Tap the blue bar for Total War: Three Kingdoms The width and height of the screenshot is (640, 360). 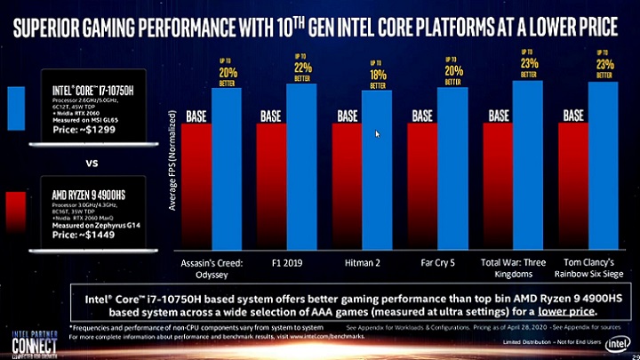(527, 164)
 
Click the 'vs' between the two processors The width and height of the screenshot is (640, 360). (91, 164)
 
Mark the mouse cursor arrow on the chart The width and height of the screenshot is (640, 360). (377, 134)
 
